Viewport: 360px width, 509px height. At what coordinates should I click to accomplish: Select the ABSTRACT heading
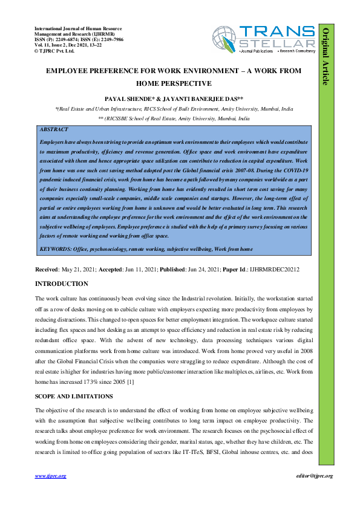pyautogui.click(x=53, y=129)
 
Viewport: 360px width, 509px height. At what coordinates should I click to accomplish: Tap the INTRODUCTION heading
pyautogui.click(x=62, y=284)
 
